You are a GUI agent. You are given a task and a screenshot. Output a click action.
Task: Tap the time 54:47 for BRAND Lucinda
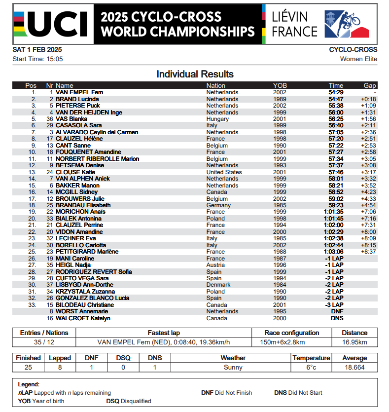coord(336,99)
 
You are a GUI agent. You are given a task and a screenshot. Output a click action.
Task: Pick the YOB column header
coord(280,85)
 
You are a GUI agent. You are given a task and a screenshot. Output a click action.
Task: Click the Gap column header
coord(370,85)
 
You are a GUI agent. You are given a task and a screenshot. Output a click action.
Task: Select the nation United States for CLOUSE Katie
coord(224,172)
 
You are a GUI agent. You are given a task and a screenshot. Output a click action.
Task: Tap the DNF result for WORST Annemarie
coord(337,311)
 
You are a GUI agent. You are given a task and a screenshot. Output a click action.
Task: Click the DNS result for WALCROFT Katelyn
coord(337,318)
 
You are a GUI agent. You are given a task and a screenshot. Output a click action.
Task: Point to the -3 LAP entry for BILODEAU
coord(335,305)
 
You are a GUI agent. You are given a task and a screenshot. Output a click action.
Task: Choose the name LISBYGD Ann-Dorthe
coord(84,285)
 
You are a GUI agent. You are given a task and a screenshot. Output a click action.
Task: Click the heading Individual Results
coord(195,75)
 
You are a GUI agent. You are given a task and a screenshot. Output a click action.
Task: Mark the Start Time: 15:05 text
coord(37,59)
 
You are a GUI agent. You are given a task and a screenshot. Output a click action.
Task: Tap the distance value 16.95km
coord(354,342)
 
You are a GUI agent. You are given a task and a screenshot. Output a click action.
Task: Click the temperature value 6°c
coord(311,367)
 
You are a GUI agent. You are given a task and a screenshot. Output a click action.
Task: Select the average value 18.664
coord(354,367)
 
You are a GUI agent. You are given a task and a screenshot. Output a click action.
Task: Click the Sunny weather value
coord(233,367)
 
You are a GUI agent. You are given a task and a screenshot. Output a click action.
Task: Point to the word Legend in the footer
coord(29,384)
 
